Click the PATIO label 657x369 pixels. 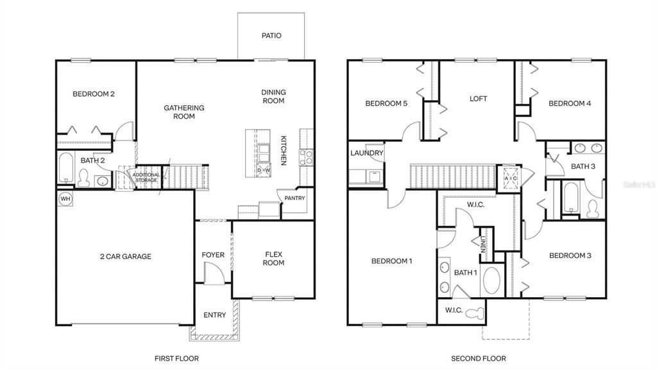(271, 36)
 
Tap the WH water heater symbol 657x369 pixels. (65, 198)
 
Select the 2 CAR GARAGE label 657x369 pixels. (126, 257)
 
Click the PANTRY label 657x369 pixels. (295, 198)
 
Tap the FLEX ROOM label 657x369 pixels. (274, 259)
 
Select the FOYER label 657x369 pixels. (213, 255)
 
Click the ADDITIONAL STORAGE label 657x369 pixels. (145, 178)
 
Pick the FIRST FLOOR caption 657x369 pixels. (177, 358)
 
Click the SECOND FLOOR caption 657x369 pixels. (478, 358)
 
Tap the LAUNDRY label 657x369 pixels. (367, 153)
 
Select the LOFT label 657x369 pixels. (478, 99)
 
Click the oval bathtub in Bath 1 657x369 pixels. (491, 280)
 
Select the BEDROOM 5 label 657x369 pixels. (386, 103)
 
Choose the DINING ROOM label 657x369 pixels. (273, 96)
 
